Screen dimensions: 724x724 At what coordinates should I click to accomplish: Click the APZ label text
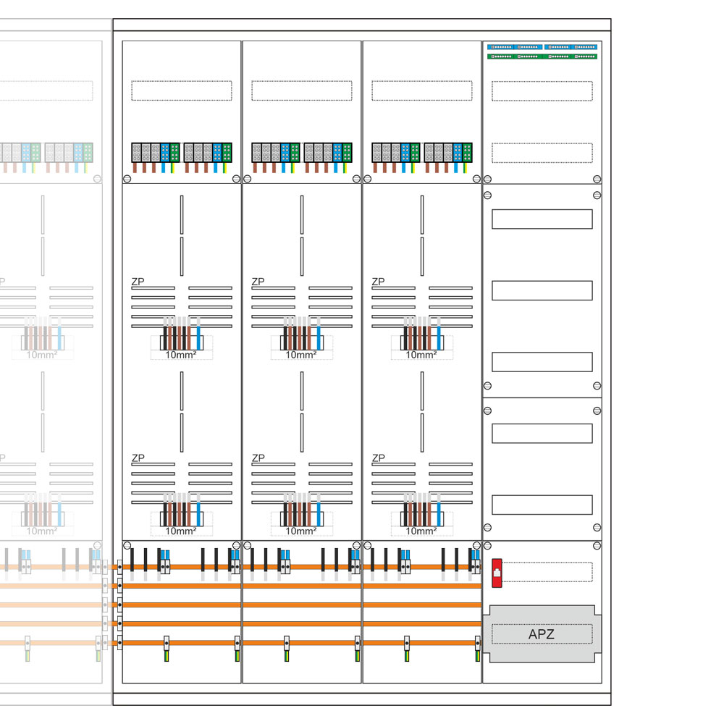coord(542,635)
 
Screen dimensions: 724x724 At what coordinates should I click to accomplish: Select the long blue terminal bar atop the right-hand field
coord(542,46)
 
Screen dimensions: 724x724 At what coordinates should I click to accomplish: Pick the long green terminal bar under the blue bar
coord(542,56)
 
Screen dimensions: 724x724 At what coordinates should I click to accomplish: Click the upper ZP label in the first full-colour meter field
coord(138,282)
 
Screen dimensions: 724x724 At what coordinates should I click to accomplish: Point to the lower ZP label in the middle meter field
coord(258,458)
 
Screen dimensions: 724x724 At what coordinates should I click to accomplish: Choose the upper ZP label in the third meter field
coord(378,282)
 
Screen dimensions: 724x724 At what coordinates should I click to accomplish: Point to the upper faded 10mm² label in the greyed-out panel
coord(42,355)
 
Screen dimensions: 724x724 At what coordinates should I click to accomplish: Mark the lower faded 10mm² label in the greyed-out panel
coord(42,531)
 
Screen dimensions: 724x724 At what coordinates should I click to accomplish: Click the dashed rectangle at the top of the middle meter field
coord(301,90)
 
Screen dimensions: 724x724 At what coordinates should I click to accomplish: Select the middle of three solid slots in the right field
coord(542,290)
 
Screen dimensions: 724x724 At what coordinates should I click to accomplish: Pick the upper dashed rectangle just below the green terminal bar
coord(542,90)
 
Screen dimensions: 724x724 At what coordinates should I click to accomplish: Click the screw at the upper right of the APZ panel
coord(597,545)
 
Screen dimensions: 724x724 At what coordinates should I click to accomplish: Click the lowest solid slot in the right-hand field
coord(542,505)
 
